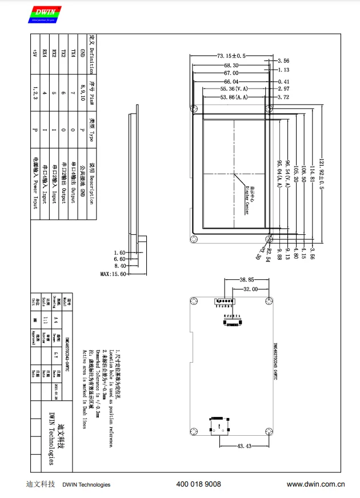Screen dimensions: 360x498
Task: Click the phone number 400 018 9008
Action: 199,484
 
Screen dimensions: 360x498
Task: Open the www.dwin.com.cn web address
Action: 315,484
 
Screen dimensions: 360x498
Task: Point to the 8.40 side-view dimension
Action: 119,266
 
